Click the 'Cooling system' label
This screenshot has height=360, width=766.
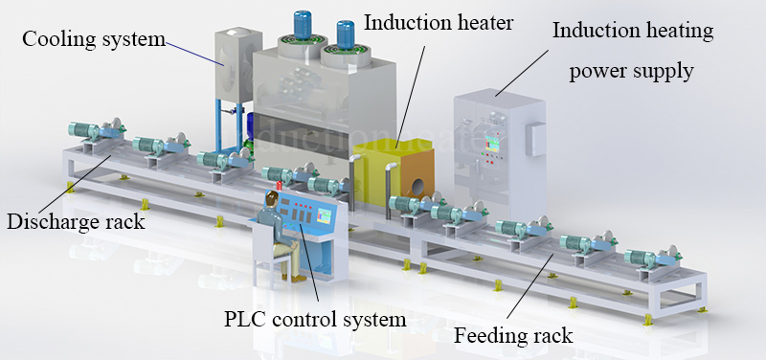[93, 39]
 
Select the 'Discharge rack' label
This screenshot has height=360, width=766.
[76, 222]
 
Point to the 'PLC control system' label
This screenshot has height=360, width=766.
[316, 317]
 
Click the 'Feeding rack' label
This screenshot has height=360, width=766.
[513, 335]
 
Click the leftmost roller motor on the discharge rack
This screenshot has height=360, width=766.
[86, 131]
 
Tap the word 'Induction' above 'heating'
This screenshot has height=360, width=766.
[595, 31]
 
